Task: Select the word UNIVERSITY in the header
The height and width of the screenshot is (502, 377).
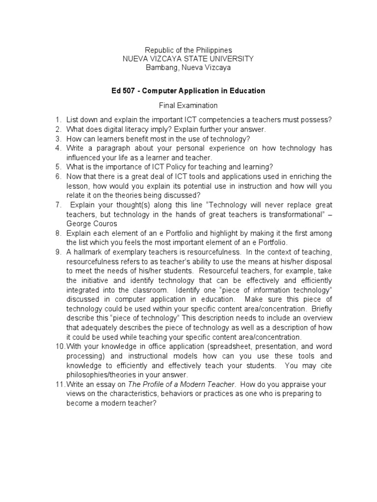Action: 232,59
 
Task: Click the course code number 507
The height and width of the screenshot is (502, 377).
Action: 132,91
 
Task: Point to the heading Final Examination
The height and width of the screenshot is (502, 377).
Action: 188,105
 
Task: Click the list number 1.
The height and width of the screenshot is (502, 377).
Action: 57,120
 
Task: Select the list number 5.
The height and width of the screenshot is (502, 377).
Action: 57,167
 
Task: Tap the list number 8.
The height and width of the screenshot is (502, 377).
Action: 57,233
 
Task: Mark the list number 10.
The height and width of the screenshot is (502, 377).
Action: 59,347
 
